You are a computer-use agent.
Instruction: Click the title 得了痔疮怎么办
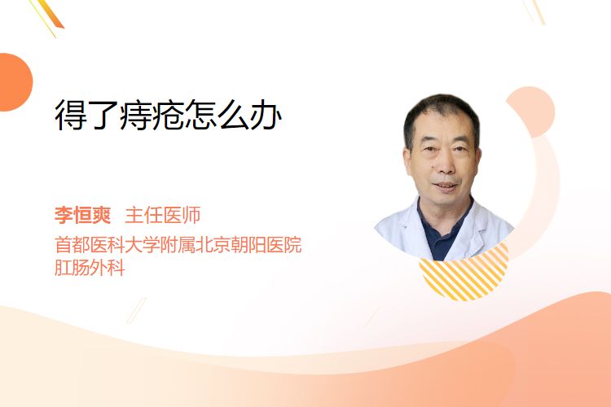click(x=168, y=115)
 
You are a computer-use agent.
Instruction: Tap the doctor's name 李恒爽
click(x=82, y=215)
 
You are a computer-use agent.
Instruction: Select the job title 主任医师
click(x=162, y=215)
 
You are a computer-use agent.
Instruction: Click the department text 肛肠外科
click(x=90, y=268)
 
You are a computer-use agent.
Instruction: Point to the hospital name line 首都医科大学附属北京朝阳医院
click(x=178, y=245)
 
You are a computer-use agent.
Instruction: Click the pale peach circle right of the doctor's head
click(x=532, y=111)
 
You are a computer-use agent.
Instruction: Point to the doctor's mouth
click(x=445, y=186)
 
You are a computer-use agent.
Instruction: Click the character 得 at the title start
click(x=71, y=115)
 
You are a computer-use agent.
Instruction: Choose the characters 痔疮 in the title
click(x=152, y=115)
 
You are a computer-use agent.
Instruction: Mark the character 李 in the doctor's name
click(x=64, y=215)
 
